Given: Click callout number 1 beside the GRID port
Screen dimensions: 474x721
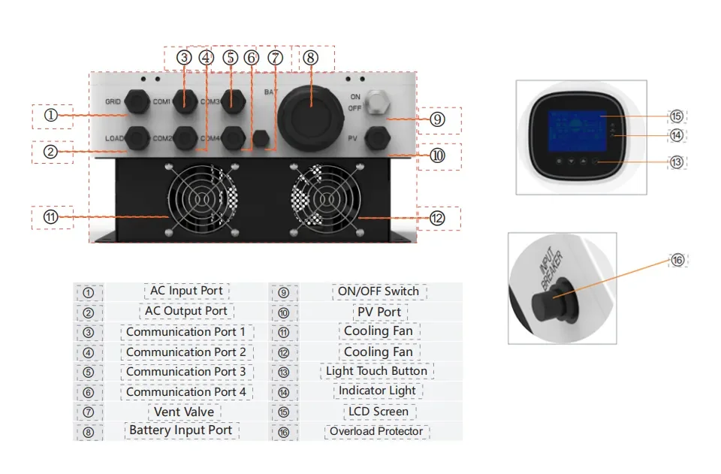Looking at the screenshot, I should point(50,115).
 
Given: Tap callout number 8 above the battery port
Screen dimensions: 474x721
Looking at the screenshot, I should point(311,57).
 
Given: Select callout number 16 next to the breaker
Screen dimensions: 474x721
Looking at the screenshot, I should point(677,260).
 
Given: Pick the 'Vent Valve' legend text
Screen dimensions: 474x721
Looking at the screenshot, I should point(184,412).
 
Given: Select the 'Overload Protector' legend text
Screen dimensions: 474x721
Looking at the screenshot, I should point(377,431).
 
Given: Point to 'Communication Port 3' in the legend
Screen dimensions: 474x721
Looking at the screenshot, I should point(186,372).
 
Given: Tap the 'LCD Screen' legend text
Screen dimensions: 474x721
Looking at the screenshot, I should point(377,412).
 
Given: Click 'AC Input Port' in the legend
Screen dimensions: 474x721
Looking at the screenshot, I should point(186,291).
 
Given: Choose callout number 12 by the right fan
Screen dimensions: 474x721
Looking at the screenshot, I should point(436,218).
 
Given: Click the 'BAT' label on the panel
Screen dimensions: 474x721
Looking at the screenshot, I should point(271,92).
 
